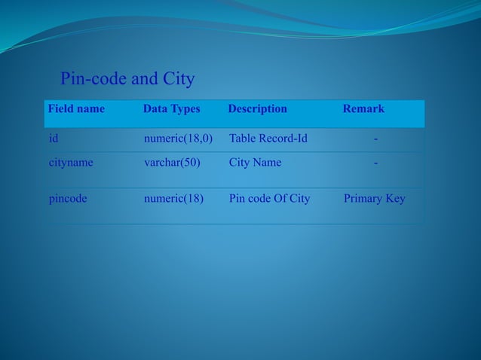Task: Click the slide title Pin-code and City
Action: pyautogui.click(x=127, y=78)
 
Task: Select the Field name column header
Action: pyautogui.click(x=76, y=108)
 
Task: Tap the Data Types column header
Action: pyautogui.click(x=172, y=108)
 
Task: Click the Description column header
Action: pyautogui.click(x=257, y=108)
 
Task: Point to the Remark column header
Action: pyautogui.click(x=363, y=108)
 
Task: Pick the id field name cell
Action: pyautogui.click(x=54, y=139)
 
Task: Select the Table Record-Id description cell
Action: pyautogui.click(x=268, y=139)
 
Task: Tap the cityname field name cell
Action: pyautogui.click(x=71, y=162)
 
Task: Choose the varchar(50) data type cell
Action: pyautogui.click(x=172, y=162)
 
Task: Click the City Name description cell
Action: pyautogui.click(x=255, y=162)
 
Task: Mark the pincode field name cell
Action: pyautogui.click(x=68, y=199)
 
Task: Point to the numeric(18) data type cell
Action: pyautogui.click(x=173, y=199)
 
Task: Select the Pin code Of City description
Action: pyautogui.click(x=269, y=199)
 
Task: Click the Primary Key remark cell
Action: pyautogui.click(x=374, y=199)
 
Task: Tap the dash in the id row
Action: pyautogui.click(x=376, y=139)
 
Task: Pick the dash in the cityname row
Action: pyautogui.click(x=376, y=162)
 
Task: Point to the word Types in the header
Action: pyautogui.click(x=185, y=108)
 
